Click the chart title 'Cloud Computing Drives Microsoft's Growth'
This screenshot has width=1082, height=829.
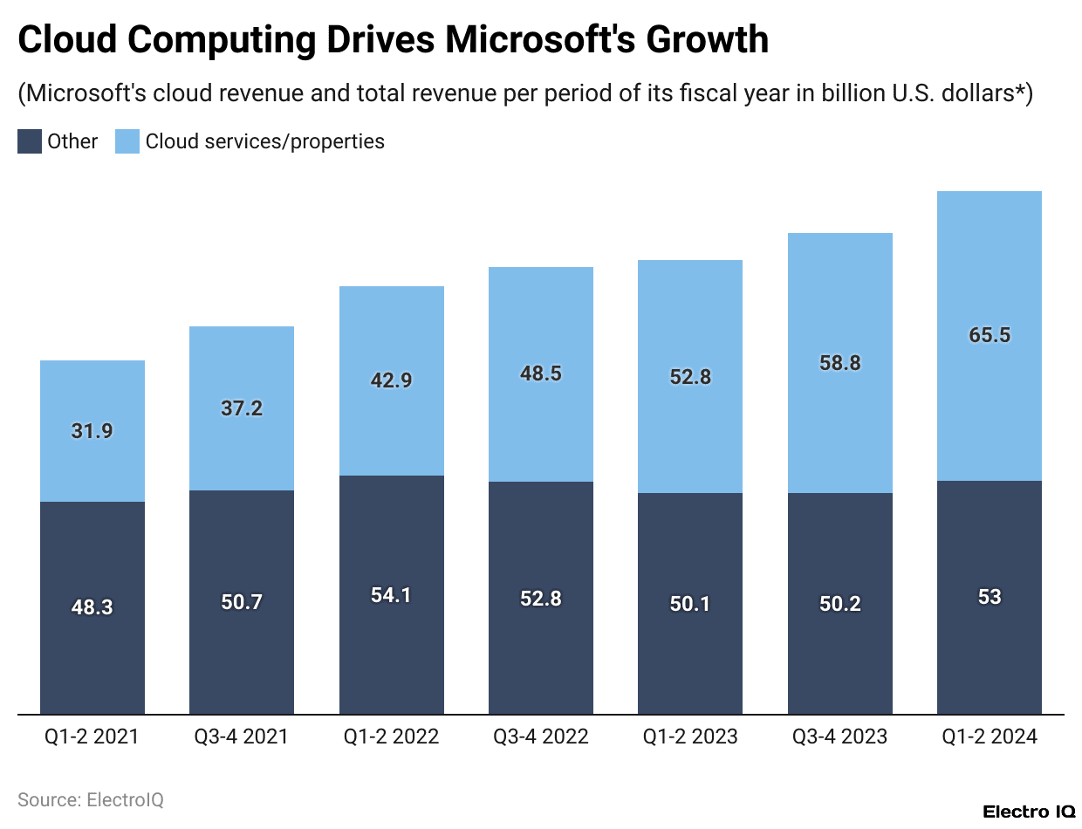(x=393, y=41)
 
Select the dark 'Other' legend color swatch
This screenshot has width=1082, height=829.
(x=30, y=141)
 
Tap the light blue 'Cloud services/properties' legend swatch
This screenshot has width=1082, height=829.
(x=127, y=141)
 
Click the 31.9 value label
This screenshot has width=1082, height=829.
(x=92, y=431)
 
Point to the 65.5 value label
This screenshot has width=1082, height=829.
(x=990, y=336)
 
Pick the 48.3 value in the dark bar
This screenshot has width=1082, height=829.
(x=92, y=607)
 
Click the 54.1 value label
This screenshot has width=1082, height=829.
(x=392, y=595)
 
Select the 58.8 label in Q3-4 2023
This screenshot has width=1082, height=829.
(x=840, y=363)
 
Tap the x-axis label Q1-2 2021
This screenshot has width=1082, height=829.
(x=92, y=737)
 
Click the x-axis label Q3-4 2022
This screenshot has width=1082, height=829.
(x=541, y=737)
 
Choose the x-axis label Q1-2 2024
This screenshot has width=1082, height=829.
(x=990, y=737)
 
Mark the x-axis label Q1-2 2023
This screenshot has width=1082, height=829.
(x=690, y=737)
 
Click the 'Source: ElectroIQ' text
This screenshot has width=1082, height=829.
(x=91, y=799)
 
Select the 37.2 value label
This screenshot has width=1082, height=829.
(x=242, y=408)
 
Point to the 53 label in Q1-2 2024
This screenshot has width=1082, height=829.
(x=990, y=598)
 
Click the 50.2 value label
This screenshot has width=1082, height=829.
(x=840, y=604)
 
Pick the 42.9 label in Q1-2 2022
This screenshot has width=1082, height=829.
(x=392, y=380)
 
